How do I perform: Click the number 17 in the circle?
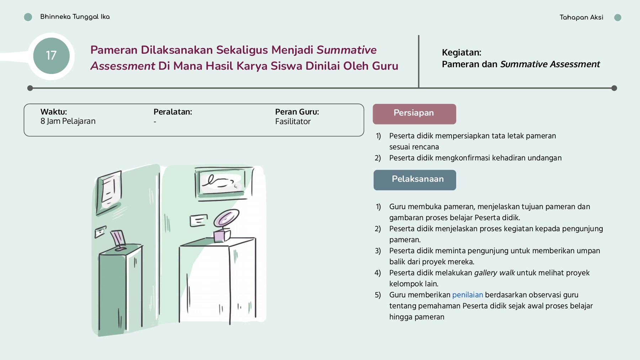point(51,55)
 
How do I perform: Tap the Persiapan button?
point(414,114)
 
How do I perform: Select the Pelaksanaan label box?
point(415,180)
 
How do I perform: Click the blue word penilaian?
point(467,295)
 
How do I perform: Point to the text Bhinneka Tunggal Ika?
point(75,17)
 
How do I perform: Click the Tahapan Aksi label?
point(581,17)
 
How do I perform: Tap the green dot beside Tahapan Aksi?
point(618,17)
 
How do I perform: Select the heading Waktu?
point(54,112)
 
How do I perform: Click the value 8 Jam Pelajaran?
point(68,121)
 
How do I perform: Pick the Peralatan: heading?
point(172,112)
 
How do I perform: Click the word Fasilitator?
point(293,122)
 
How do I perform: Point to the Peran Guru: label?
point(297,112)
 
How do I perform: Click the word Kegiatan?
point(461,53)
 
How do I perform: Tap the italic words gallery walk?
point(494,273)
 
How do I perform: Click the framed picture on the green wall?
point(109,192)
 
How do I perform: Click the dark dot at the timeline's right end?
point(614,88)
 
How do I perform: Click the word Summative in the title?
point(346,50)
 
